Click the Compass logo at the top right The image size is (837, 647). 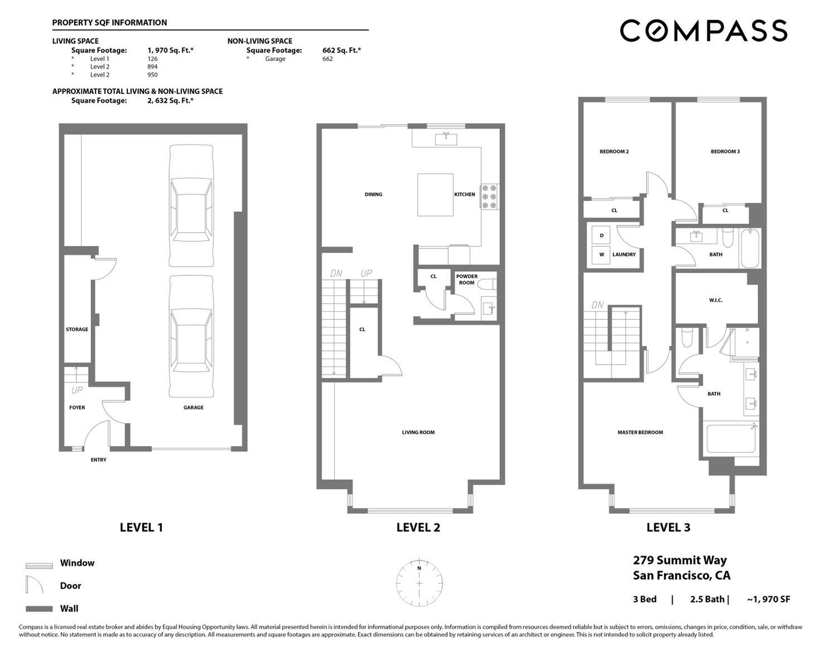(703, 31)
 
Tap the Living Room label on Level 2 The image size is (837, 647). (418, 432)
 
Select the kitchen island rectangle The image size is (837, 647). (435, 194)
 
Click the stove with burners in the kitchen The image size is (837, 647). (489, 197)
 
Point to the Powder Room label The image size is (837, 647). (466, 280)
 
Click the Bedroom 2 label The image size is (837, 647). (614, 151)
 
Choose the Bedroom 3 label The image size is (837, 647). (725, 151)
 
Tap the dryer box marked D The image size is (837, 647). (601, 236)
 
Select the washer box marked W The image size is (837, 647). (601, 255)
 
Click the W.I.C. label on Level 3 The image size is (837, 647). (715, 300)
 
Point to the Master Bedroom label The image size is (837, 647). (640, 432)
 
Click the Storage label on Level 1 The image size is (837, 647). (77, 329)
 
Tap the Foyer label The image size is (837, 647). (77, 408)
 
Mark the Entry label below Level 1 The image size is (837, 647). (98, 460)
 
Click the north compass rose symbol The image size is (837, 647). (420, 582)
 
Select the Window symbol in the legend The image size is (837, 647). (39, 565)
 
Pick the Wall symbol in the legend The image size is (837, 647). (39, 609)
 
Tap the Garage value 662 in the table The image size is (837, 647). (327, 59)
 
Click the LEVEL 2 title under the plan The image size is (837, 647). (418, 528)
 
